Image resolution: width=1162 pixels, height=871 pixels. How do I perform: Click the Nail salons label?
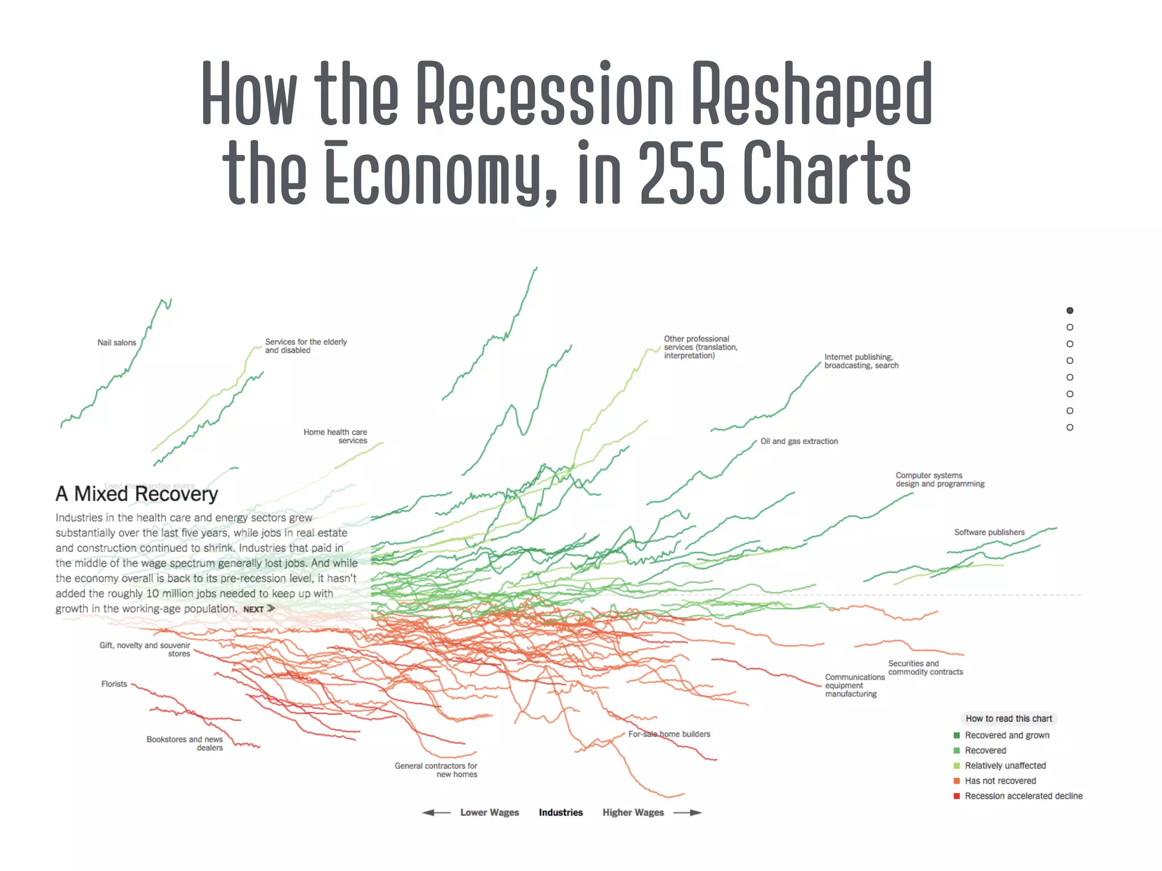click(116, 343)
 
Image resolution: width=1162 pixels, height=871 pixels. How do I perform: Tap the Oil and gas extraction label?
click(799, 441)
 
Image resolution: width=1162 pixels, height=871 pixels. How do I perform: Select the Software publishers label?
click(989, 532)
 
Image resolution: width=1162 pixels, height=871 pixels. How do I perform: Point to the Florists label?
click(114, 684)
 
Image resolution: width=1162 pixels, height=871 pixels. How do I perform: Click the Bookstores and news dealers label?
click(184, 743)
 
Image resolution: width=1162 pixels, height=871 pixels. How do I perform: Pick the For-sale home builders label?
click(669, 734)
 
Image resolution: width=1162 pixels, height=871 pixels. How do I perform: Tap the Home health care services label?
click(335, 436)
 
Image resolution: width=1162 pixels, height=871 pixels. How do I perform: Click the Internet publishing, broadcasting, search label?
click(861, 361)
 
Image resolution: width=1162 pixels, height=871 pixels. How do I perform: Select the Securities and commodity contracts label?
click(925, 667)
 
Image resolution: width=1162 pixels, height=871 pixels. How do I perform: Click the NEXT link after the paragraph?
click(259, 609)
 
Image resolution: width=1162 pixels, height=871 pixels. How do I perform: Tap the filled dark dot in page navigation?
click(1070, 310)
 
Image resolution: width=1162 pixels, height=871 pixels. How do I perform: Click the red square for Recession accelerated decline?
click(957, 796)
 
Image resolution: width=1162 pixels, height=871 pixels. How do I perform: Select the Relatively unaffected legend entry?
click(1005, 766)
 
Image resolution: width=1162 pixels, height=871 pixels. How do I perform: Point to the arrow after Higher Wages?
click(688, 813)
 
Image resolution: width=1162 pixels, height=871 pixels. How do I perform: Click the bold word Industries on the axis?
click(561, 813)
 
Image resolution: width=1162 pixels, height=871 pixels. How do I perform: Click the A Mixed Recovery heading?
click(137, 494)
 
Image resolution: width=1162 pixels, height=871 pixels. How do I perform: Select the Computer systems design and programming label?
click(940, 480)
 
